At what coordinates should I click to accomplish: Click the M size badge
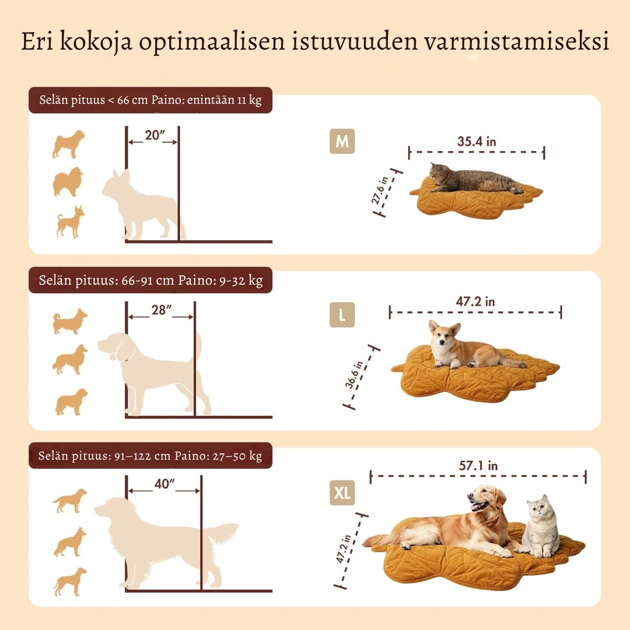pyautogui.click(x=342, y=142)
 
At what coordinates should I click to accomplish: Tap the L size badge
pyautogui.click(x=342, y=316)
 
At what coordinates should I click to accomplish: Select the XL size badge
pyautogui.click(x=342, y=494)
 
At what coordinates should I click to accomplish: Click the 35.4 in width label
pyautogui.click(x=477, y=141)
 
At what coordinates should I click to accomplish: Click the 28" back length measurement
pyautogui.click(x=160, y=310)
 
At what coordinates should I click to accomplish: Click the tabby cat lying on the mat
pyautogui.click(x=473, y=179)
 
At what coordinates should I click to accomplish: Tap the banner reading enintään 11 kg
pyautogui.click(x=150, y=100)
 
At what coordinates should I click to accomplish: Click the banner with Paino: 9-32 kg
pyautogui.click(x=150, y=280)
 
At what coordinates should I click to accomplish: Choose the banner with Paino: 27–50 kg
pyautogui.click(x=150, y=456)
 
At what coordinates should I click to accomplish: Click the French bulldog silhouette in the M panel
pyautogui.click(x=140, y=204)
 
